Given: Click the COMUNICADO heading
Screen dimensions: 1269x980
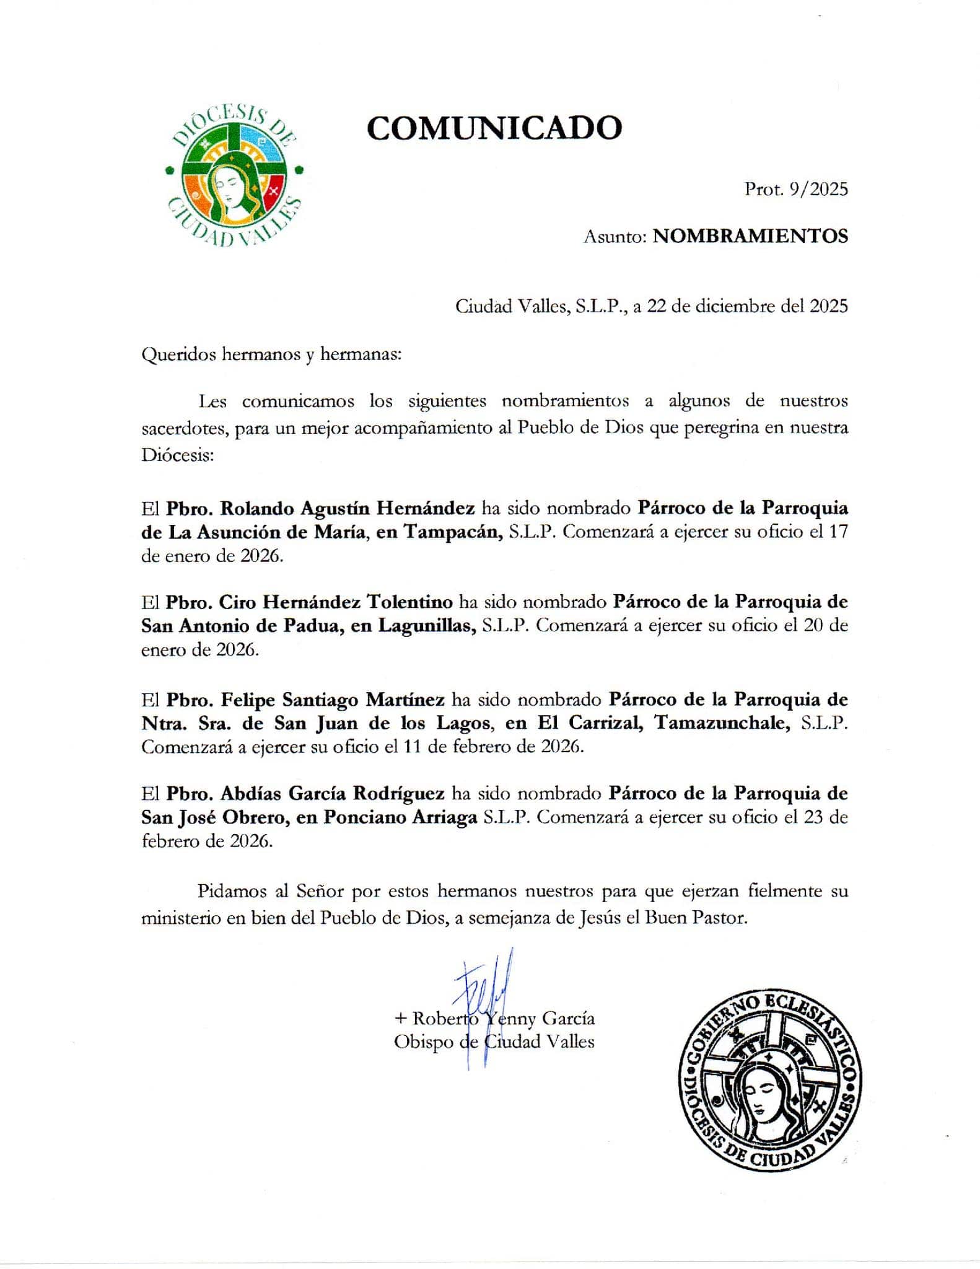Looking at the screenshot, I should coord(494,128).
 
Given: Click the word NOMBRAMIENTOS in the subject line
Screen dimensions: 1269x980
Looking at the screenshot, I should coord(750,236).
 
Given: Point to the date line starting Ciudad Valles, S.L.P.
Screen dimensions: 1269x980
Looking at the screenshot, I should coord(651,306).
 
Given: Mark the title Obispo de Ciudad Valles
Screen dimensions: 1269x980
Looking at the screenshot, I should coord(494,1042).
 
